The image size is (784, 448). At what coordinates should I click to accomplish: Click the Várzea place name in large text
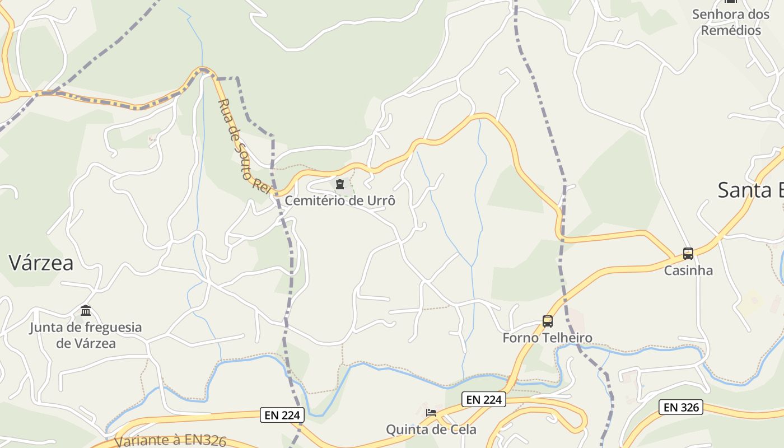coord(41,263)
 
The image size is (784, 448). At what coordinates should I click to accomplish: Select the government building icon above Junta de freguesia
coord(86,310)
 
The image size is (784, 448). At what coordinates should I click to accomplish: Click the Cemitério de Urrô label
coord(340,200)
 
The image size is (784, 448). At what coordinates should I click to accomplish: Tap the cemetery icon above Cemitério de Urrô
coord(340,184)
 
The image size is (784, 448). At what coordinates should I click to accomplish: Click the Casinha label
coord(688,270)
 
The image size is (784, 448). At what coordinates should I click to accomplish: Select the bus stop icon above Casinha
coord(688,254)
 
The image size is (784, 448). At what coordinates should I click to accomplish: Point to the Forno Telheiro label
coord(547,338)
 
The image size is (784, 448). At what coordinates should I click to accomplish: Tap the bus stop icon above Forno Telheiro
coord(548,321)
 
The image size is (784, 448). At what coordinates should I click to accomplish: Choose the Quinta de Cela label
coord(431,430)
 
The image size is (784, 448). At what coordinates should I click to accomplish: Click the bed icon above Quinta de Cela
coord(431,413)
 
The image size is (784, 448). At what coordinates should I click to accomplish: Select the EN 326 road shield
coord(681,407)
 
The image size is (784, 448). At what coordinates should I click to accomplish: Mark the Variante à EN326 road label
coord(170,440)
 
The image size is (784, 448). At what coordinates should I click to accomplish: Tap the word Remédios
coord(731,30)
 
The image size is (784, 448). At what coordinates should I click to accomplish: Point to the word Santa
coord(745,190)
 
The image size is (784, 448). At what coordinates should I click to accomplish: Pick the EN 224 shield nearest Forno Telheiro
coord(484,399)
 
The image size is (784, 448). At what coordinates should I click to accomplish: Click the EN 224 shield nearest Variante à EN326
coord(283,415)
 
